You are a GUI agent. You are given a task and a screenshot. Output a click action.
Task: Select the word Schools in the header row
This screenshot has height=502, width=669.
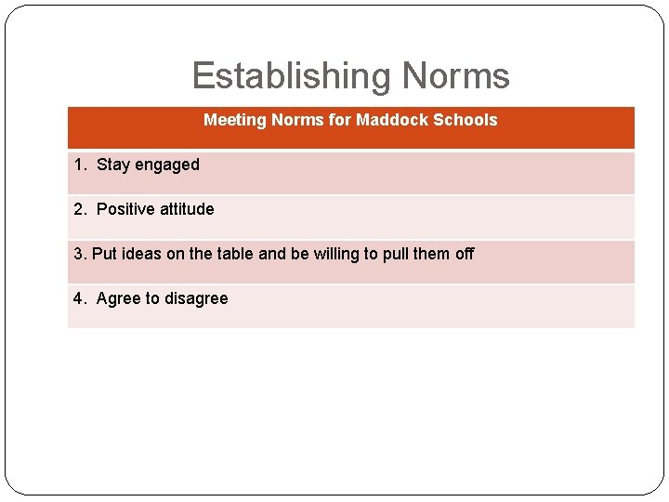click(464, 120)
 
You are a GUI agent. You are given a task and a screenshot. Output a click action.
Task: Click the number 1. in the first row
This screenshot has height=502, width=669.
click(80, 165)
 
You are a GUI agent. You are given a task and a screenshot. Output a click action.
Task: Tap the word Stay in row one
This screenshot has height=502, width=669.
click(113, 165)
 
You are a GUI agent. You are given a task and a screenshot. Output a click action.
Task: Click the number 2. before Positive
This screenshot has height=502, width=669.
click(80, 209)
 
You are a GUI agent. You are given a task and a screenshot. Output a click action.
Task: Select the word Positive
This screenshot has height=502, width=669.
click(125, 209)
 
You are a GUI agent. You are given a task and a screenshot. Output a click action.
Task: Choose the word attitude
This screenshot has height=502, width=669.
click(187, 209)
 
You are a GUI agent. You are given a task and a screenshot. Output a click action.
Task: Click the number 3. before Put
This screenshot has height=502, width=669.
click(80, 254)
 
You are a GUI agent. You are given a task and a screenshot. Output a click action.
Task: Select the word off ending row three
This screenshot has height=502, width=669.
click(465, 254)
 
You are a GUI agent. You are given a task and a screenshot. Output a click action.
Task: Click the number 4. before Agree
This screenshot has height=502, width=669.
click(80, 298)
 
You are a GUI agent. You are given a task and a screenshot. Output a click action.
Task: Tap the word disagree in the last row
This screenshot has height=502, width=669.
click(196, 299)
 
